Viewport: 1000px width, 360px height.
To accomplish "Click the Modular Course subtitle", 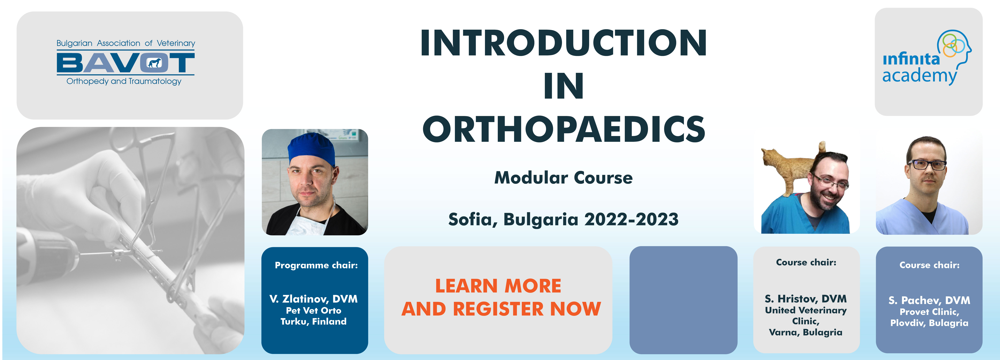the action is click(x=563, y=178).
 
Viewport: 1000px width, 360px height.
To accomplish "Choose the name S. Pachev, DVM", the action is click(x=929, y=300).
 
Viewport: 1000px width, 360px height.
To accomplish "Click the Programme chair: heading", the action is click(x=316, y=265).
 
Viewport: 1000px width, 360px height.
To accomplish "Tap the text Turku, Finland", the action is click(x=314, y=322).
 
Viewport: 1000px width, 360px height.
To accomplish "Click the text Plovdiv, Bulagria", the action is click(x=929, y=323).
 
